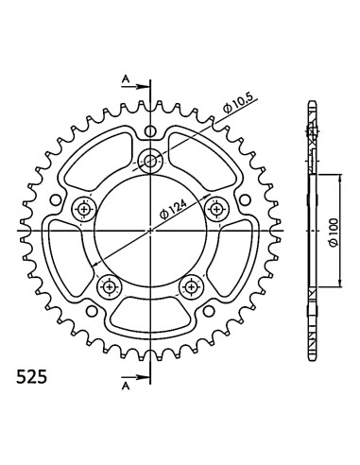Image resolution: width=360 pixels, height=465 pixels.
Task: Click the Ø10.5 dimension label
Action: point(238,104)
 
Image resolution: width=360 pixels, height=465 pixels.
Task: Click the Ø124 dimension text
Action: point(173,209)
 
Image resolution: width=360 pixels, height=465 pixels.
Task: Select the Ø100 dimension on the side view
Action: point(334,232)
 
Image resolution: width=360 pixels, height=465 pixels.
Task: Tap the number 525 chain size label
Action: point(31,377)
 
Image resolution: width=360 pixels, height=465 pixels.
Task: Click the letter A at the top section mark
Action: point(126,79)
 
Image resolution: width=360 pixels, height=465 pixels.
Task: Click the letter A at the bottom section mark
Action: point(126,386)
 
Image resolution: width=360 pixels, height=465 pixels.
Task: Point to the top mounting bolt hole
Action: point(150,162)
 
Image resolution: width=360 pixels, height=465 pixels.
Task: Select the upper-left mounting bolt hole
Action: point(84,209)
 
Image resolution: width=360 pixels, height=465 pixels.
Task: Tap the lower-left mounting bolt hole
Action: point(110,286)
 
